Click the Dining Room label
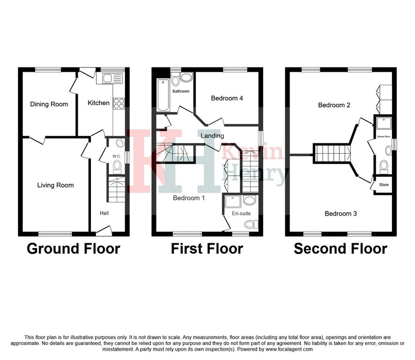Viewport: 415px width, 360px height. coord(49,104)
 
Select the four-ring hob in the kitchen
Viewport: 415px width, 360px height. coord(119,103)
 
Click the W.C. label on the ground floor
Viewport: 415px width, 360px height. coord(117,156)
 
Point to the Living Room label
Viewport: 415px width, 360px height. coord(55,185)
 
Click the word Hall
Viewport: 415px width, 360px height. coord(104,213)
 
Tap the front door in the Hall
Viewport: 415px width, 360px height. coord(104,231)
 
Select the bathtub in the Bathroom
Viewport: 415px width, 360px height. coord(163,95)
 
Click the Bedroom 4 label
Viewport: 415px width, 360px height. coord(227,98)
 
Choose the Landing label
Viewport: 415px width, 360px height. coord(212,136)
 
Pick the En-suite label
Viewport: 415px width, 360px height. coord(241,213)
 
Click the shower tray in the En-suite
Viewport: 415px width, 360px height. coord(233,202)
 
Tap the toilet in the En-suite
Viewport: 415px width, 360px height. coord(251,225)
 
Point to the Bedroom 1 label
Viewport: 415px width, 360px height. coord(189,198)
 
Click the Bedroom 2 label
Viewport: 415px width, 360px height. coord(334,105)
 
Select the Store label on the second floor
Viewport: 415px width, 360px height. coord(384,185)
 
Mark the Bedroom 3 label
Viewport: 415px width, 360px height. coord(341,213)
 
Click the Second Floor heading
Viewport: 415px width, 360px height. coord(341,249)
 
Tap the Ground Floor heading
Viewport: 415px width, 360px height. coord(74,249)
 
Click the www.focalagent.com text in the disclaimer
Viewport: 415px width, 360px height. coord(289,349)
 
